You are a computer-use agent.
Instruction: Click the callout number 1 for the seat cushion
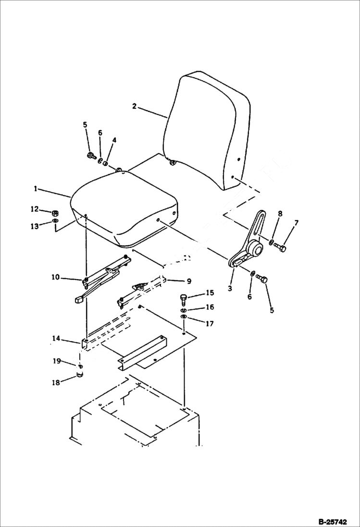[36, 189]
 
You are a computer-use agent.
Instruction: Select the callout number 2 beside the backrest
[134, 106]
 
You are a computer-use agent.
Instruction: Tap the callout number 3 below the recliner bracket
[230, 288]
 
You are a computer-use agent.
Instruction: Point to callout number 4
[114, 140]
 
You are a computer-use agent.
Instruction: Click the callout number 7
[297, 223]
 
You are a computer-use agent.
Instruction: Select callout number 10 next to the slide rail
[55, 277]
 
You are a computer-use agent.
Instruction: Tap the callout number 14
[56, 339]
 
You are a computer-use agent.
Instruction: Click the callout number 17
[210, 324]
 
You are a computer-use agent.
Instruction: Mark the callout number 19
[56, 360]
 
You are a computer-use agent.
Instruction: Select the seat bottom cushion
[125, 207]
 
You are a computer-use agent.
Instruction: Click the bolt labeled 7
[281, 248]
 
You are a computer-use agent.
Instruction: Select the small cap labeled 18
[80, 376]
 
